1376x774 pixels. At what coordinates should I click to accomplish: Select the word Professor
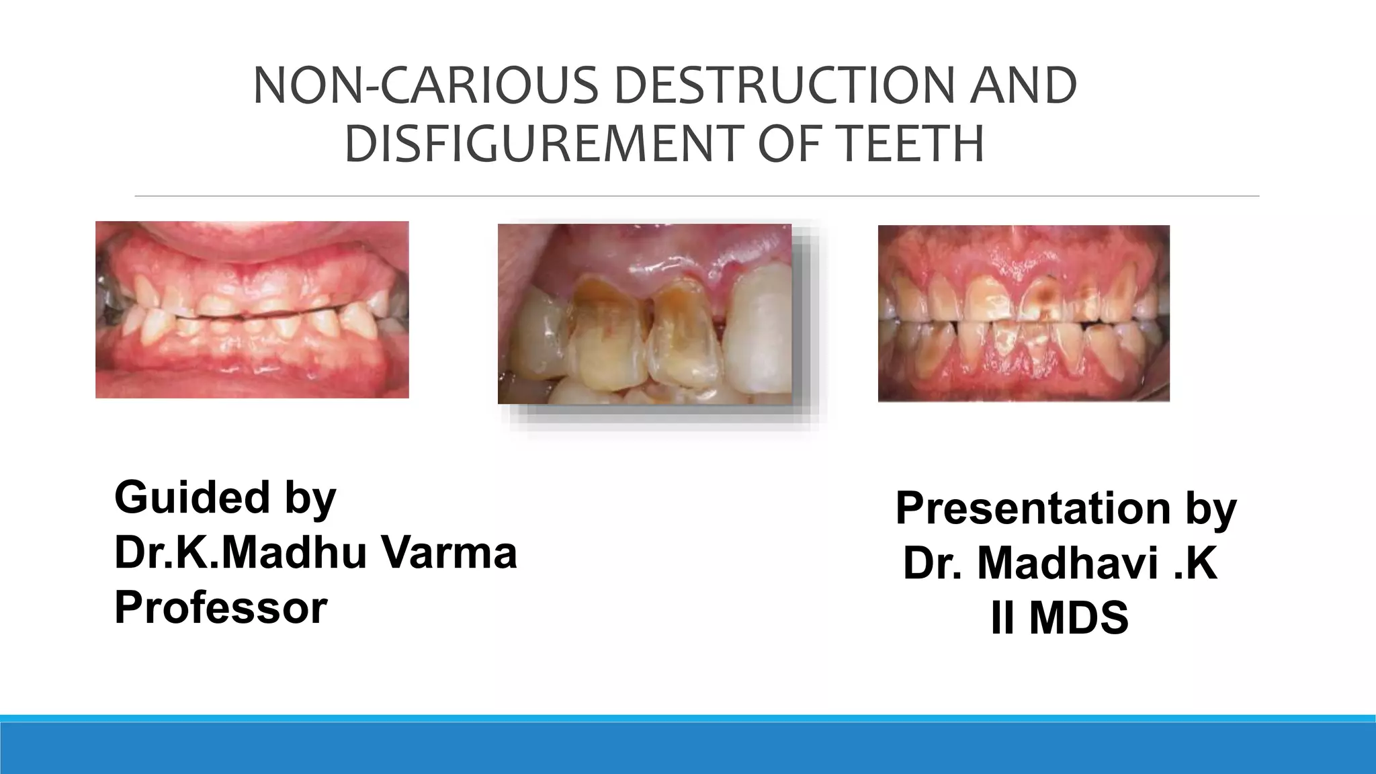point(221,607)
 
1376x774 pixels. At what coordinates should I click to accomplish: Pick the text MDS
point(1078,618)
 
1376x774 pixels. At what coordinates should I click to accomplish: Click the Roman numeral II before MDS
point(1002,618)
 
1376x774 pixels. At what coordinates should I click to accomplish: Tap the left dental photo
point(252,310)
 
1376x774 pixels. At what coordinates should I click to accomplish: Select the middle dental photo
point(644,314)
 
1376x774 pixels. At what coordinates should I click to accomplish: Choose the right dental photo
point(1023,314)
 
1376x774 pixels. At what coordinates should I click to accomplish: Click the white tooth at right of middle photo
point(762,329)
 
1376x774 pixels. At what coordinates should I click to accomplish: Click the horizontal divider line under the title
point(697,196)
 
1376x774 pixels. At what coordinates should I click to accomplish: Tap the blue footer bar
point(688,747)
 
